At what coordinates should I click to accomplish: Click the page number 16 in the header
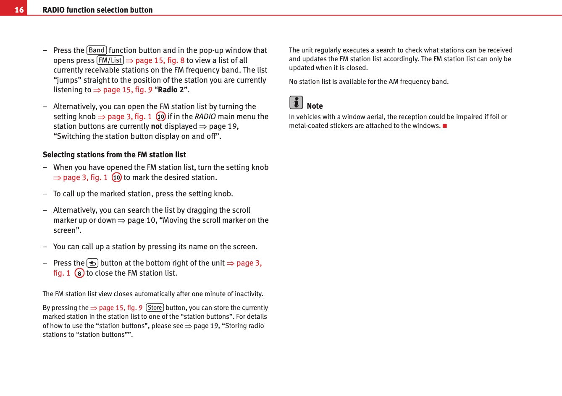coord(19,10)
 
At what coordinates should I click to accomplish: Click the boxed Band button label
coord(97,50)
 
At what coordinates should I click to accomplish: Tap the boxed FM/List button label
coord(110,60)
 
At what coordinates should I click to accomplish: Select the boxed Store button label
coord(155,308)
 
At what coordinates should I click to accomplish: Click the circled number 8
coord(79,274)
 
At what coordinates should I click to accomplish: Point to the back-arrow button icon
coord(92,263)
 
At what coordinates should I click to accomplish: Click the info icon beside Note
coord(296,103)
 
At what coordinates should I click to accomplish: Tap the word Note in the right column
coord(315,106)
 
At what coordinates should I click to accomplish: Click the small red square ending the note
coord(445,126)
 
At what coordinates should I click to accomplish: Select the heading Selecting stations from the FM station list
coord(114,155)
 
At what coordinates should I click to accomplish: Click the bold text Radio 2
coord(171,90)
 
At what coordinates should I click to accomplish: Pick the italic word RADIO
coord(205,117)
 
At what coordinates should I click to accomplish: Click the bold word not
coord(157,126)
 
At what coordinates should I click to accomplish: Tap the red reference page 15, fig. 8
coord(160,60)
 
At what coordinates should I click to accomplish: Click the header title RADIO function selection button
coord(97,10)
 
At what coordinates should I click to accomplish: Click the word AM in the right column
coord(393,82)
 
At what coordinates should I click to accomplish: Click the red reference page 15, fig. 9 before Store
coord(121,308)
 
